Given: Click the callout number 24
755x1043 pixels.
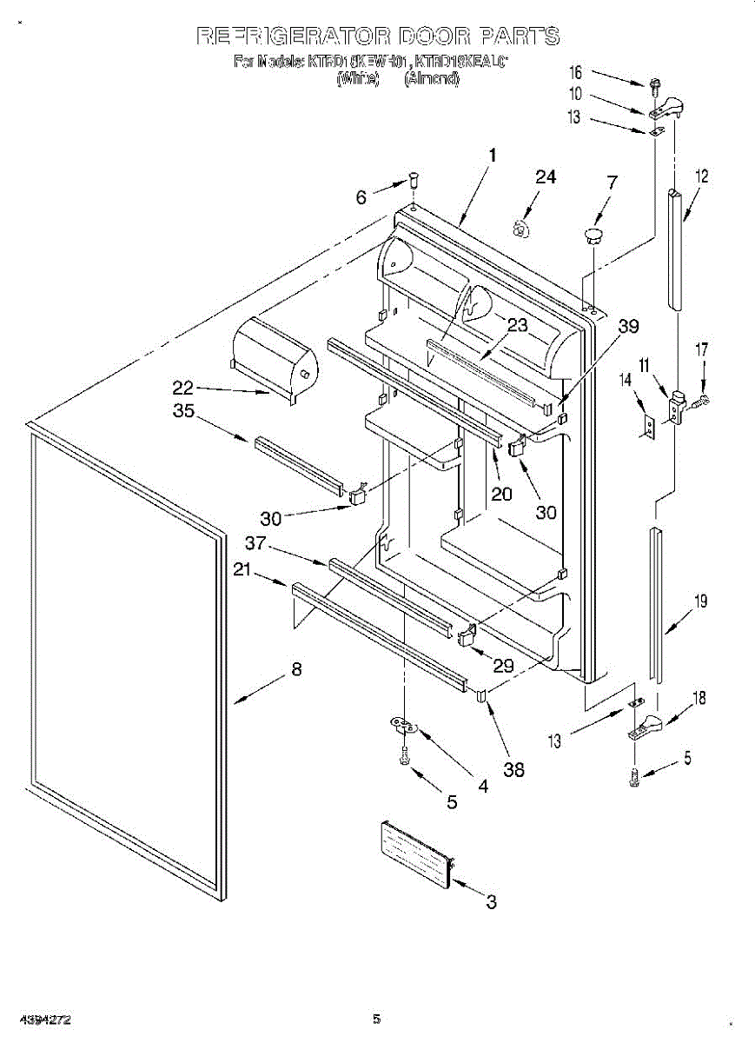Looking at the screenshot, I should point(545,177).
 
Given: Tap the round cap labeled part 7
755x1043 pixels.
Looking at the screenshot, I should point(593,234).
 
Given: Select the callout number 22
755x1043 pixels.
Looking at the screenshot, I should point(183,389).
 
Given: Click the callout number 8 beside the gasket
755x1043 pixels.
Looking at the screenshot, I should point(296,670).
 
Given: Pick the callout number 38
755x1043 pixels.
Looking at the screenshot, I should point(513,769).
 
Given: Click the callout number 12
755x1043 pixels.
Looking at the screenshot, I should point(702,177).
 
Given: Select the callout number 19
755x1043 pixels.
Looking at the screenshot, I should point(700,601).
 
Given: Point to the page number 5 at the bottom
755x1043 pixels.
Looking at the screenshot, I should point(376,1019).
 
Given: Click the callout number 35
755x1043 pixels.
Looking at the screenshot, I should point(183,412).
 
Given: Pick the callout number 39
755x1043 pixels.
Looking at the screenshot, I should point(628,326).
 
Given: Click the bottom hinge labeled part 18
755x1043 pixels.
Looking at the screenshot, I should point(647,725).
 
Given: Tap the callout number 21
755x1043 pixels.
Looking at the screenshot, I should point(242,569).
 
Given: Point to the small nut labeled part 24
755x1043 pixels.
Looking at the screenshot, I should point(520,228).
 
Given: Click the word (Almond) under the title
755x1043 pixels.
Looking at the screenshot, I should point(432,78).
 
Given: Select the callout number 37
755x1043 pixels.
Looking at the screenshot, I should point(254,543).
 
